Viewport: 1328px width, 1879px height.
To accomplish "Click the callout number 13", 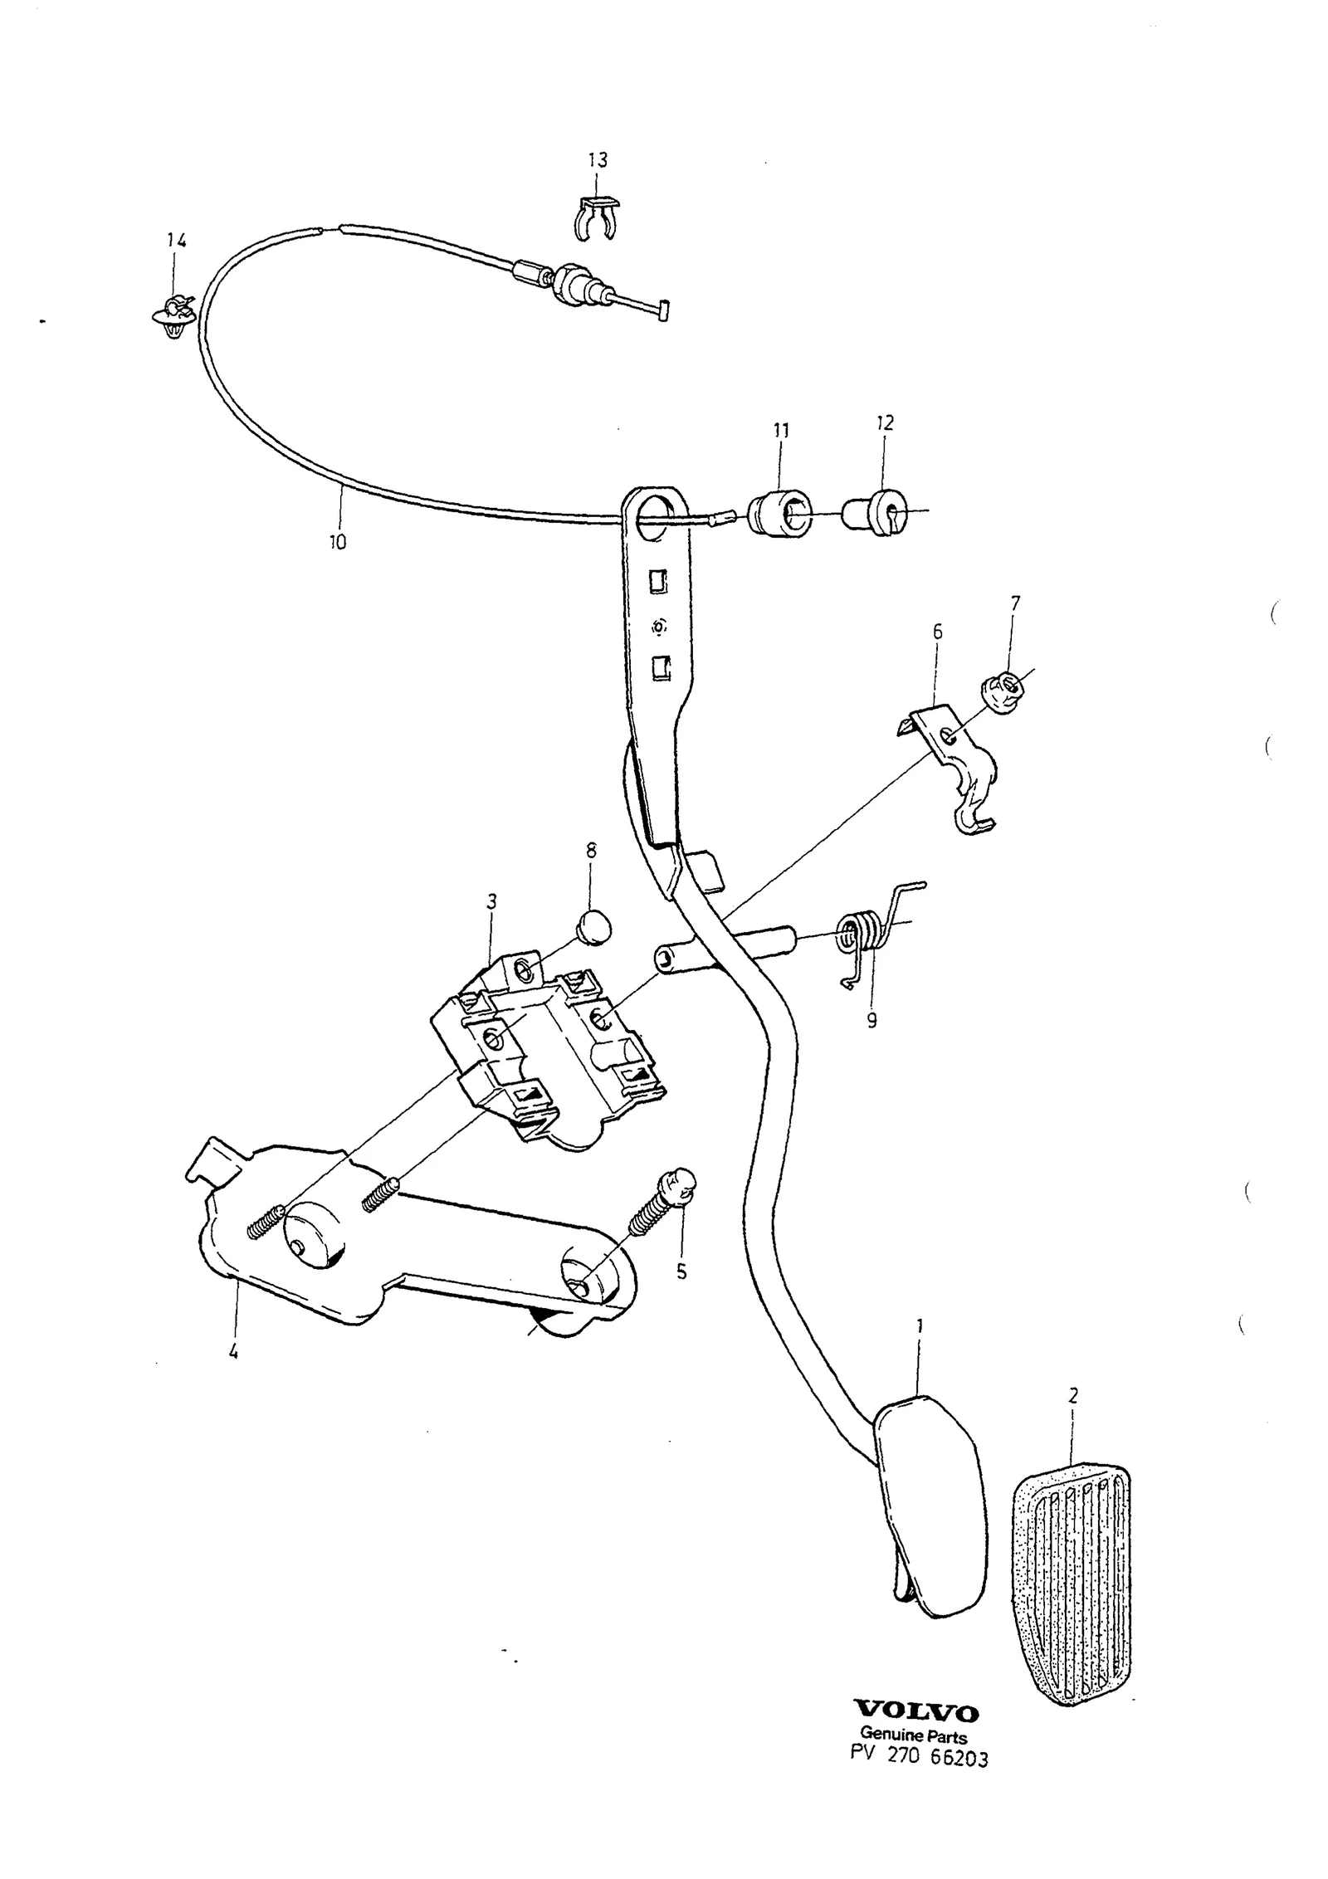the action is [x=598, y=159].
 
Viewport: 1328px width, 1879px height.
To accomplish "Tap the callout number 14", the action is [x=176, y=241].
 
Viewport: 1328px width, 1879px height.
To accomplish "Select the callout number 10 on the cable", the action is [x=337, y=543].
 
